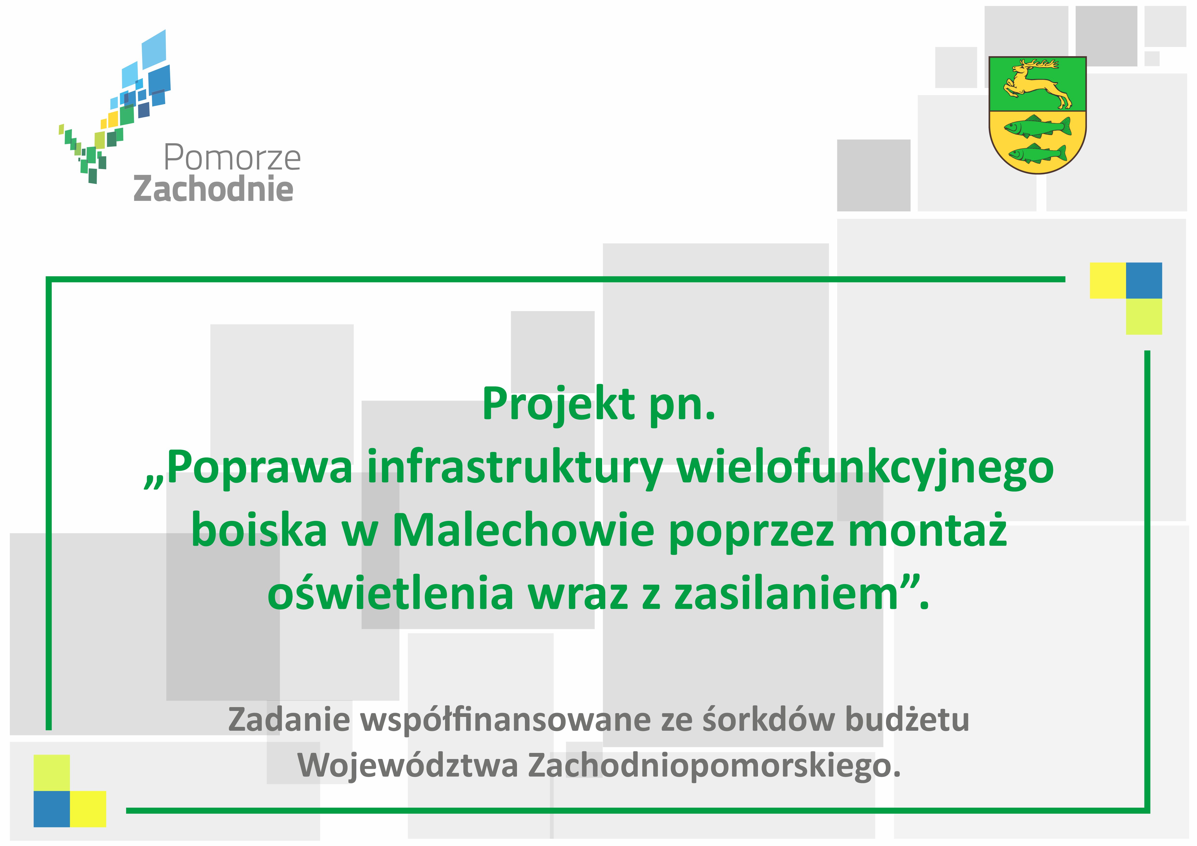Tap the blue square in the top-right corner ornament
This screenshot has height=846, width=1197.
(x=1144, y=280)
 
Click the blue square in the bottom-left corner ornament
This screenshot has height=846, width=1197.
(x=52, y=809)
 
